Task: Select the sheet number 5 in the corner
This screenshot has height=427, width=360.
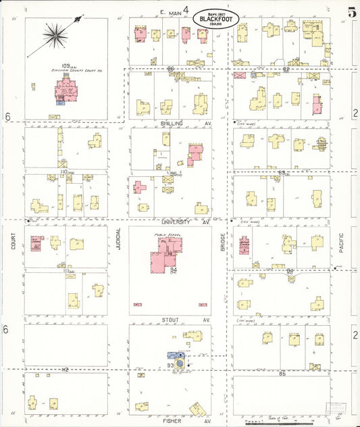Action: coord(352,11)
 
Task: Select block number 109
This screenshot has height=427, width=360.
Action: coord(46,66)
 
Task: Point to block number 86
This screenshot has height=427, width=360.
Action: coord(171,68)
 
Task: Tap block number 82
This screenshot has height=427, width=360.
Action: coord(286,68)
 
